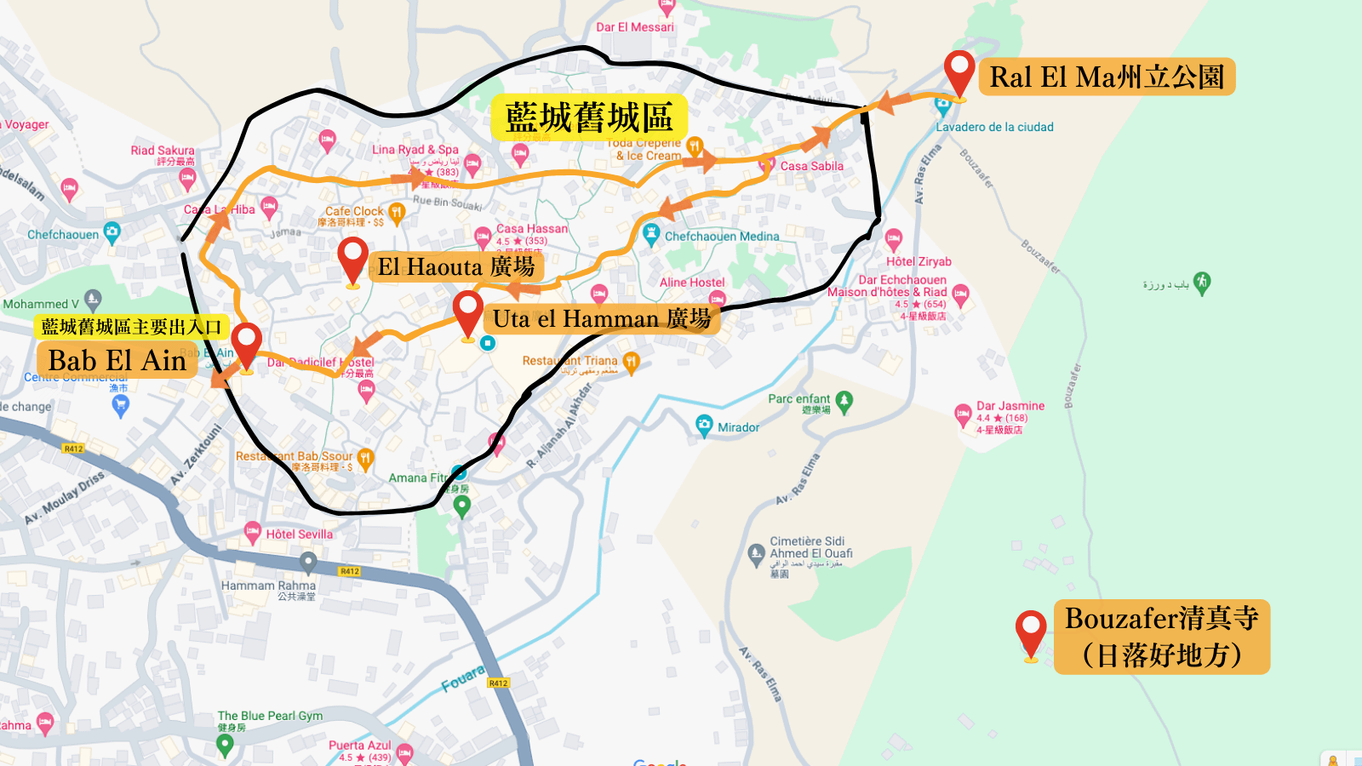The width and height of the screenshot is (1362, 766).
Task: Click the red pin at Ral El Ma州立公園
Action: click(x=959, y=73)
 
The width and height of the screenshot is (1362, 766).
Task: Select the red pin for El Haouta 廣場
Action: click(x=352, y=260)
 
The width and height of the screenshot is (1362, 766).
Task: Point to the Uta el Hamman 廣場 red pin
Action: click(x=467, y=313)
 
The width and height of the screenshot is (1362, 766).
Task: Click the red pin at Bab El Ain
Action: click(x=246, y=346)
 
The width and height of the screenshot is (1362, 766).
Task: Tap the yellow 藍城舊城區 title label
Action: click(x=589, y=117)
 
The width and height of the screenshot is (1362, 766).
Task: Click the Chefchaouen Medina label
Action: click(x=721, y=237)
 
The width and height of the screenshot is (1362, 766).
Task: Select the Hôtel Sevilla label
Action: click(x=299, y=534)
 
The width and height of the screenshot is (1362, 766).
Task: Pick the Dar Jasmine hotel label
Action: click(x=1010, y=406)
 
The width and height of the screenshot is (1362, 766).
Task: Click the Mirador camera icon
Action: click(x=704, y=426)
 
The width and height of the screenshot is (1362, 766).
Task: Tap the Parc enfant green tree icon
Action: click(x=844, y=402)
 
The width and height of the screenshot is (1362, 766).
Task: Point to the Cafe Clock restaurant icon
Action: click(x=396, y=213)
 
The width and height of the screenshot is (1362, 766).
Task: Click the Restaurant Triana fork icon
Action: click(x=631, y=362)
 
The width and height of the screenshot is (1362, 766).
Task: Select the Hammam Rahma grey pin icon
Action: click(x=308, y=562)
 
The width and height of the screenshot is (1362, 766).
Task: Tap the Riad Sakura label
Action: click(x=162, y=151)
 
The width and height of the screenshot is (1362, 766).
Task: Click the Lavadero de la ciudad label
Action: click(x=994, y=128)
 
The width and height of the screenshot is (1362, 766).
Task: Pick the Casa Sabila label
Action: click(x=811, y=166)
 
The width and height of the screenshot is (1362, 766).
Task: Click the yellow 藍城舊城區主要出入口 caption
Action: click(x=131, y=327)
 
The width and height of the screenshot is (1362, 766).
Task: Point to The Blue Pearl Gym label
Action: click(x=270, y=716)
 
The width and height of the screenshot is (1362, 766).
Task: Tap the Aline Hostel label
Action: click(x=692, y=283)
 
